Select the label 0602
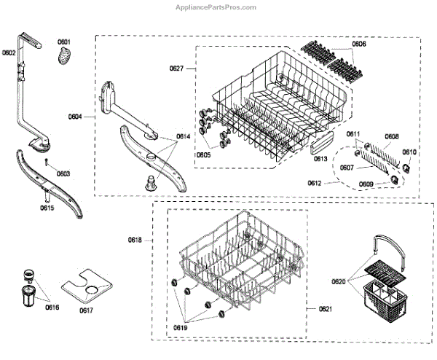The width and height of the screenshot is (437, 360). tap(9, 52)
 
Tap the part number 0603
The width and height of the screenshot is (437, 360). tap(63, 173)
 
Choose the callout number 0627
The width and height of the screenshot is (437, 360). tap(178, 69)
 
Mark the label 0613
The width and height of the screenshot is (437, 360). tap(320, 159)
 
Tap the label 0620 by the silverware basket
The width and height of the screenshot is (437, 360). tap(339, 280)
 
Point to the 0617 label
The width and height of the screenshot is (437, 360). tap(86, 310)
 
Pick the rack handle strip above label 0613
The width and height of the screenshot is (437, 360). tap(322, 146)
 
